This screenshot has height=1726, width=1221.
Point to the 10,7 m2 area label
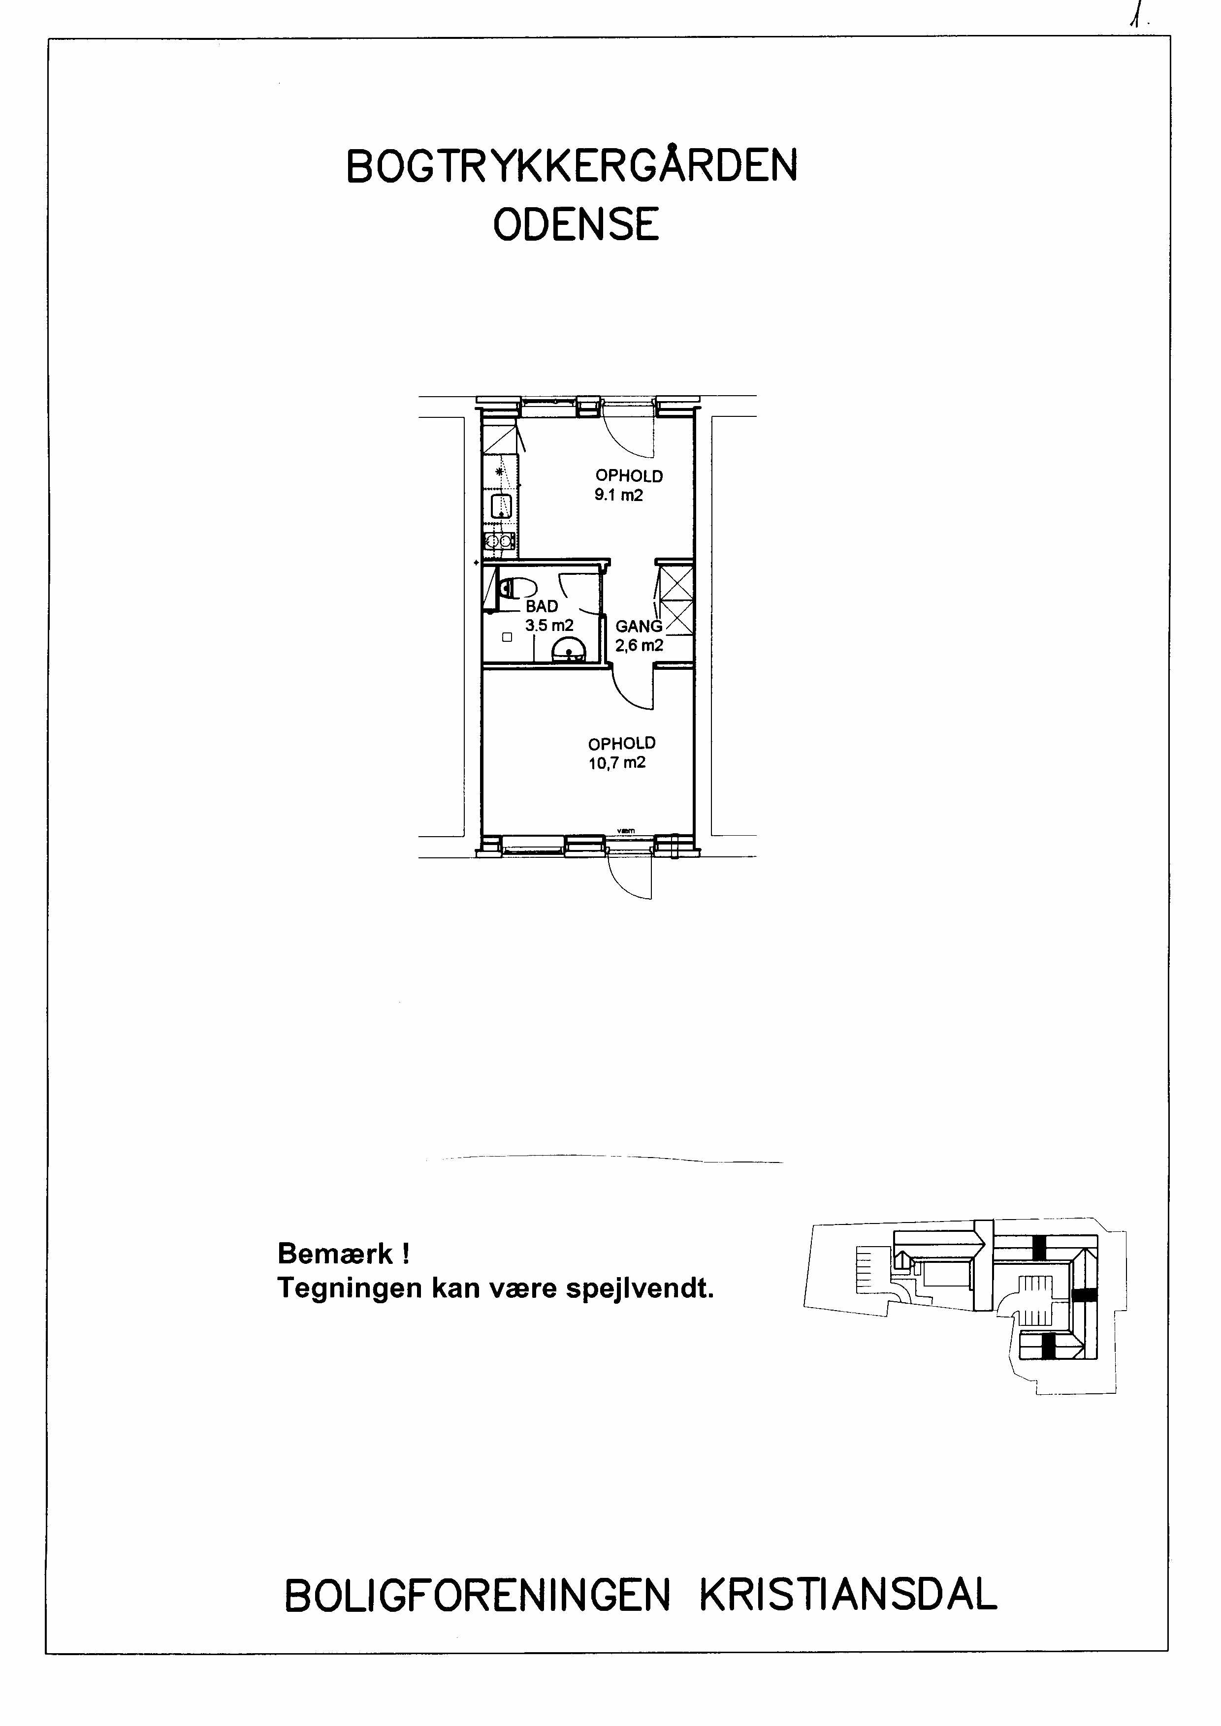pyautogui.click(x=617, y=763)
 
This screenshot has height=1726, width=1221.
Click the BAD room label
pyautogui.click(x=542, y=606)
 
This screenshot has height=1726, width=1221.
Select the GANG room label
pyautogui.click(x=639, y=626)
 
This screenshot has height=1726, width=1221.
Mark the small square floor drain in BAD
pyautogui.click(x=507, y=637)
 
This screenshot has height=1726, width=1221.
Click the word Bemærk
pyautogui.click(x=335, y=1253)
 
